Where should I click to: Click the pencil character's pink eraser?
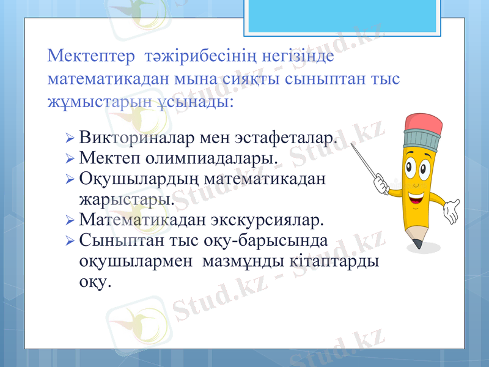[x=423, y=122]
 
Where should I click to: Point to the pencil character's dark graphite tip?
[x=417, y=244]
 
